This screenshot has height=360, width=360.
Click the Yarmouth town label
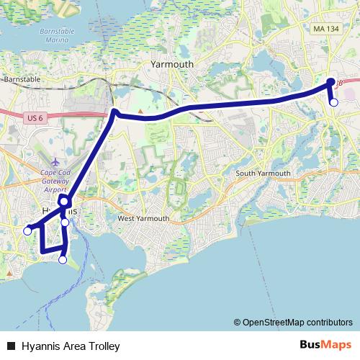(172, 64)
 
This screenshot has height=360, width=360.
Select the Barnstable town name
(21, 79)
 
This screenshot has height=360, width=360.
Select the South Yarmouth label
(263, 174)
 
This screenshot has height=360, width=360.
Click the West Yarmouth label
(143, 218)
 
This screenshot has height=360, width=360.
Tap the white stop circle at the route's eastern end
(333, 102)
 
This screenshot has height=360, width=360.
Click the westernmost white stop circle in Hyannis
(27, 231)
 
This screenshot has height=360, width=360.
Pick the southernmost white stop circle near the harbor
(63, 260)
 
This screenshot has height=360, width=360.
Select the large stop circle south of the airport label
(63, 202)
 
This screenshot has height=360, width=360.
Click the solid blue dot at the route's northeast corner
(331, 81)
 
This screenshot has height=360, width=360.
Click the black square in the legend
(11, 346)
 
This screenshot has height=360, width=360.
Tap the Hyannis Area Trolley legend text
(70, 346)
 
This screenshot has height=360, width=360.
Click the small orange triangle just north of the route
(142, 112)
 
